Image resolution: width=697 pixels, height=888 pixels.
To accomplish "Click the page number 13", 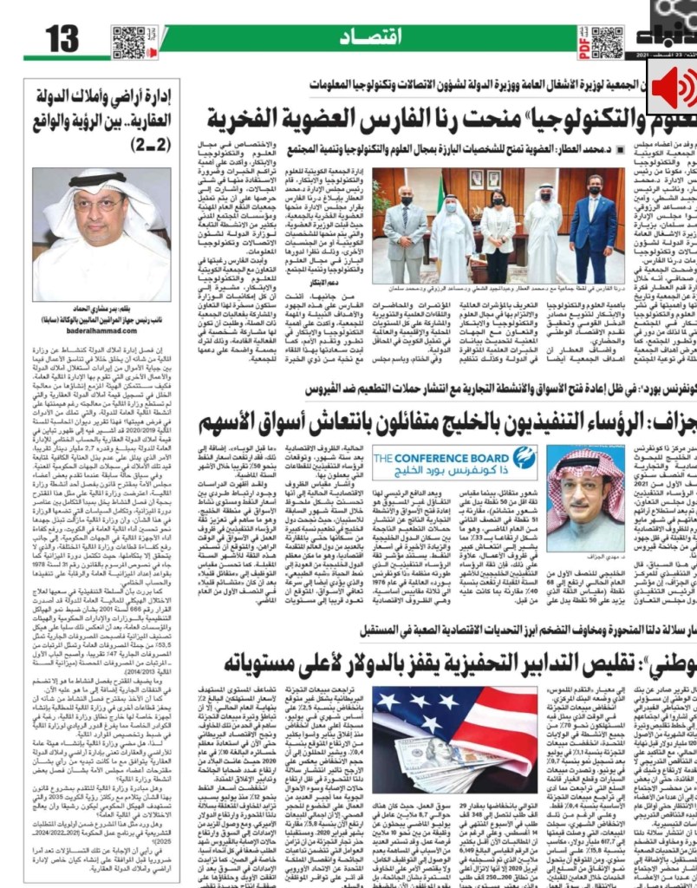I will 62,39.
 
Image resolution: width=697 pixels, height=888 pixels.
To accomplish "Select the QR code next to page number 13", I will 127,42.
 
